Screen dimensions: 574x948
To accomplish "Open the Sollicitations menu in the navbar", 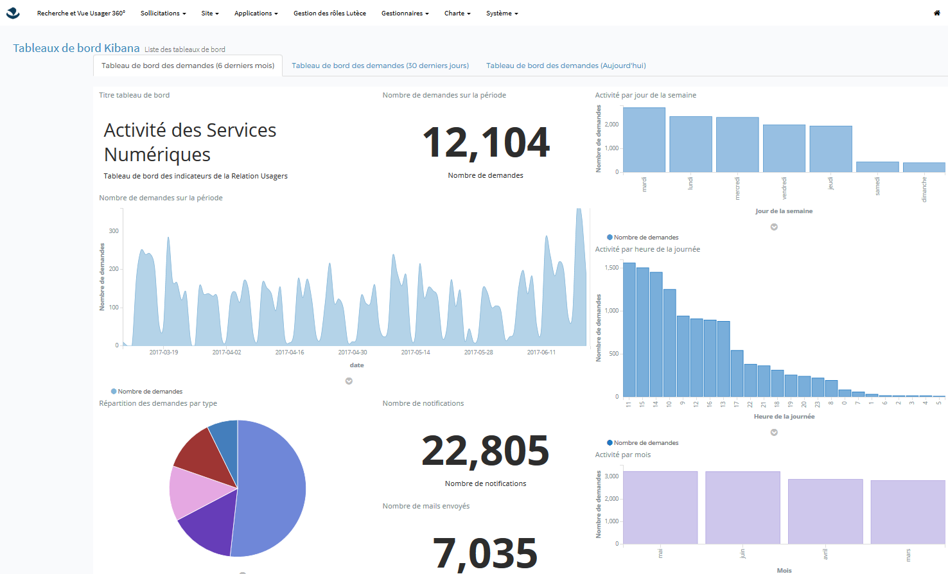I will (163, 13).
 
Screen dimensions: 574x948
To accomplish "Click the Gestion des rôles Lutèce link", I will (329, 13).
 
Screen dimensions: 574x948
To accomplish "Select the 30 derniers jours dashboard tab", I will (380, 65).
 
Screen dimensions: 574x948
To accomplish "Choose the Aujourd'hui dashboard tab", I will (566, 65).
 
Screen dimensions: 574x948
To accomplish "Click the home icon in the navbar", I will (936, 13).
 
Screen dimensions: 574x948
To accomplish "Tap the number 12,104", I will (486, 143).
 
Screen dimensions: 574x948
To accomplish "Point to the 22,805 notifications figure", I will (486, 451).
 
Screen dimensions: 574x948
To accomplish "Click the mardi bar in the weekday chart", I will (644, 140).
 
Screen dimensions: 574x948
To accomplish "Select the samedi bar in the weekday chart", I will (877, 167).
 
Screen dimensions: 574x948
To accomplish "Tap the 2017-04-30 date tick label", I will (353, 352).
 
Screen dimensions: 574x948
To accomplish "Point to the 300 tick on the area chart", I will (114, 231).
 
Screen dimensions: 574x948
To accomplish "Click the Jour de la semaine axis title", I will (784, 211).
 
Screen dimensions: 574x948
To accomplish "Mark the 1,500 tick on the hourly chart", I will (612, 268).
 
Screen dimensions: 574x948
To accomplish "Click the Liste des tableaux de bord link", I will (185, 49).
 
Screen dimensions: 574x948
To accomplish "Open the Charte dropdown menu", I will (457, 13).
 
